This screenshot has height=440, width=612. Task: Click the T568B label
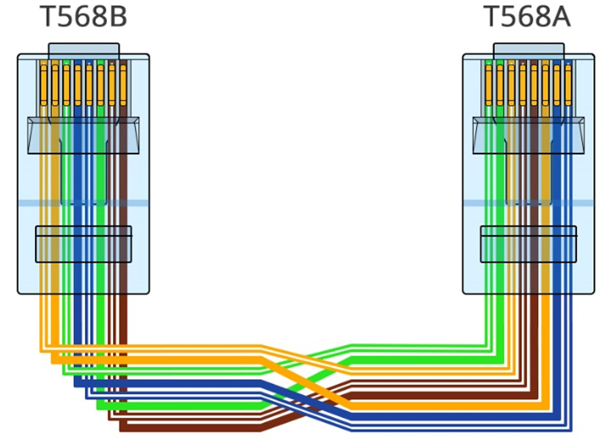[x=83, y=16]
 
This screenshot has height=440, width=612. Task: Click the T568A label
[x=527, y=16]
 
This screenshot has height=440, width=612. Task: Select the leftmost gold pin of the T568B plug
[x=44, y=85]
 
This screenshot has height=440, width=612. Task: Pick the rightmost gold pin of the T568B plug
[x=123, y=85]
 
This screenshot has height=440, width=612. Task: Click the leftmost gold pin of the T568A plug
[x=489, y=85]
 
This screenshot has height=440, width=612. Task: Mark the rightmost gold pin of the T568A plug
[x=569, y=85]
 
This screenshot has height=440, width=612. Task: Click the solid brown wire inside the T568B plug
[x=123, y=195]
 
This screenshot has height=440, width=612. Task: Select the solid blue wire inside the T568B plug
[x=78, y=195]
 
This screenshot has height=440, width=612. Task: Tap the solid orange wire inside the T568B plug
[x=55, y=195]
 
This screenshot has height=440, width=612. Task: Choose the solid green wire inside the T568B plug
[x=101, y=195]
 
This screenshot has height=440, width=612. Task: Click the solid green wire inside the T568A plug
[x=500, y=195]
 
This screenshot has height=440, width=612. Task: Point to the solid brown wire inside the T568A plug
[x=534, y=195]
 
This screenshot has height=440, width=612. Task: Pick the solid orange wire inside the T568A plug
[x=545, y=195]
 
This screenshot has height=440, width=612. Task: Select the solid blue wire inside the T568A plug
[x=557, y=195]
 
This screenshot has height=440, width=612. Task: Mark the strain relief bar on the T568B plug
[x=83, y=244]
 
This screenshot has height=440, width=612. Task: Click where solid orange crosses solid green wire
[x=305, y=383]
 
